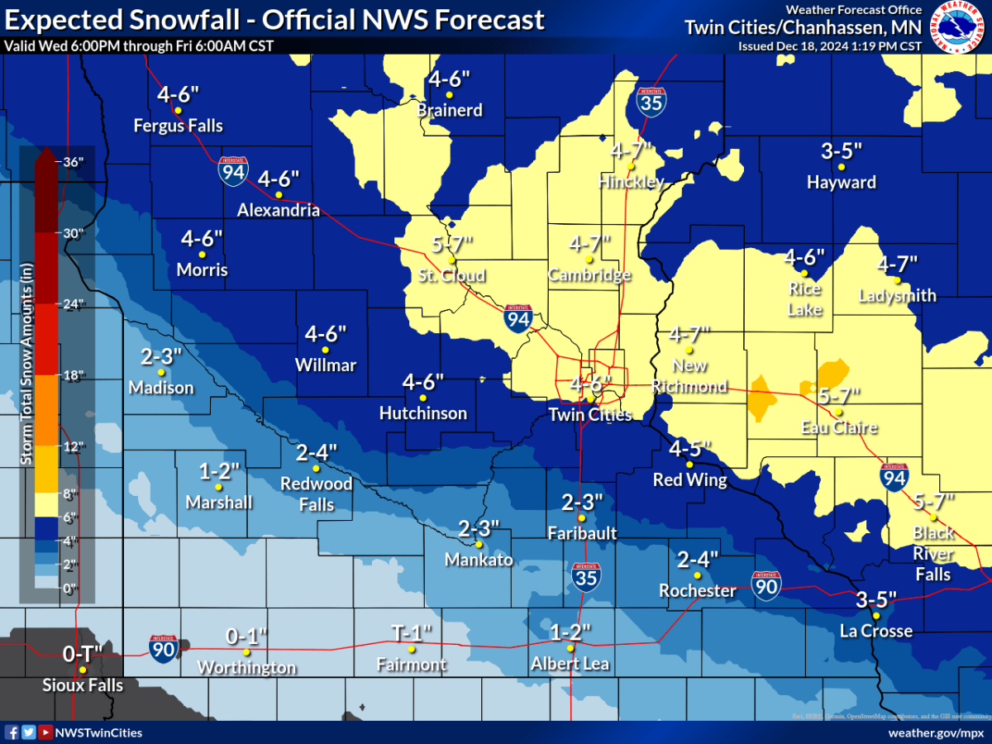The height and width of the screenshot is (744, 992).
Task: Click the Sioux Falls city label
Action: pyautogui.click(x=83, y=685)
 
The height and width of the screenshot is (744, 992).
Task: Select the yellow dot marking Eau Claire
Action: pyautogui.click(x=838, y=412)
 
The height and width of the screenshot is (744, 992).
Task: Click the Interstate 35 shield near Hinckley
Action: pyautogui.click(x=651, y=101)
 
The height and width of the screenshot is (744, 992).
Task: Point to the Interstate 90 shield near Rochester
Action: pyautogui.click(x=766, y=585)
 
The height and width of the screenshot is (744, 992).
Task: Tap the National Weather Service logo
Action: pyautogui.click(x=959, y=27)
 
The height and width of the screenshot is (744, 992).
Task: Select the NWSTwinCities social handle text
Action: pyautogui.click(x=98, y=732)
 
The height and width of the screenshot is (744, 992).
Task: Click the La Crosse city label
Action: pyautogui.click(x=876, y=632)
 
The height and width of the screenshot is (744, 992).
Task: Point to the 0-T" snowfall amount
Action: pyautogui.click(x=82, y=654)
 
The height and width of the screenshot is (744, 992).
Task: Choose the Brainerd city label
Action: pyautogui.click(x=450, y=110)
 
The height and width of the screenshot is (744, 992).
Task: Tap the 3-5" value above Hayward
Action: pyautogui.click(x=842, y=151)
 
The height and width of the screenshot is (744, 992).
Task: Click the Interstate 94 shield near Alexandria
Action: pyautogui.click(x=232, y=171)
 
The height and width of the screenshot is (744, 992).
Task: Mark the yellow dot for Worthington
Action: pyautogui.click(x=246, y=651)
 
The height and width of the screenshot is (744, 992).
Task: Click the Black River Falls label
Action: pyautogui.click(x=933, y=553)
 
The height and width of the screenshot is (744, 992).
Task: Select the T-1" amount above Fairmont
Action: pyautogui.click(x=411, y=633)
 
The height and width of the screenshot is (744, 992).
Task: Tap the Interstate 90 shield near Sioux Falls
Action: pyautogui.click(x=164, y=647)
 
